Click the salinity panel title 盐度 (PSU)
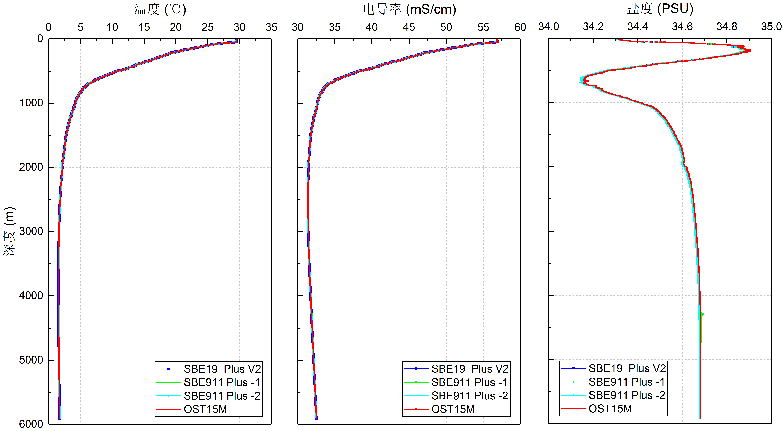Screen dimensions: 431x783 [660, 9]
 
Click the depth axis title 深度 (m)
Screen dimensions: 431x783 [9, 231]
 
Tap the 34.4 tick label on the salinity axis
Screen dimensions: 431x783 [638, 27]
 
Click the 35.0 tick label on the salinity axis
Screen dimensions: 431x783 [771, 27]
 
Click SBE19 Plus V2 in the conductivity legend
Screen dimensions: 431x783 [470, 369]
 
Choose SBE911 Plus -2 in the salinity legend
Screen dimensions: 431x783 [627, 395]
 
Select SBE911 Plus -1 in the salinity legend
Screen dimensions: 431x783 [627, 382]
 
